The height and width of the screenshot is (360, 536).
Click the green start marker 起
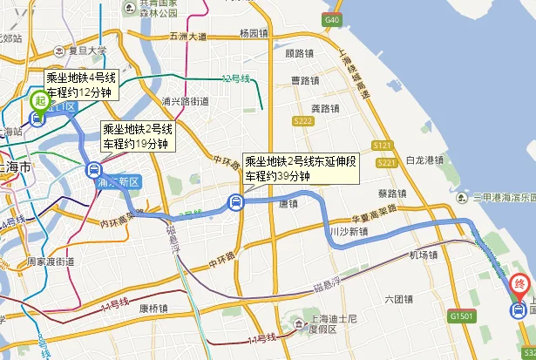(x=38, y=100)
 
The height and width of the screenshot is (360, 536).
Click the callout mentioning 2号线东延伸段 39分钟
(x=300, y=168)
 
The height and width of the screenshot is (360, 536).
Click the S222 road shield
(x=303, y=120)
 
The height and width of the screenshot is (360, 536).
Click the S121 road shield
(x=382, y=145)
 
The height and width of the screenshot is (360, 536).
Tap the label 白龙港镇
(x=426, y=160)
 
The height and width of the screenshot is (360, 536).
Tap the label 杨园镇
(x=254, y=34)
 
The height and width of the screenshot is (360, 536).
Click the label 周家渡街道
(x=49, y=261)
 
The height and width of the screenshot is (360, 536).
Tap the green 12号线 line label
(x=234, y=79)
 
